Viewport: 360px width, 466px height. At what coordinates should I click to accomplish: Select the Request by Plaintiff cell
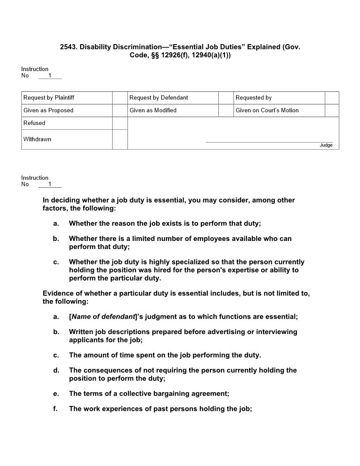click(x=67, y=98)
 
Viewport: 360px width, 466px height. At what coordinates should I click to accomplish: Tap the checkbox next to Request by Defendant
click(x=226, y=98)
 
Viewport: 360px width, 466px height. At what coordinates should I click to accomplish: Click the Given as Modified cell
click(x=153, y=110)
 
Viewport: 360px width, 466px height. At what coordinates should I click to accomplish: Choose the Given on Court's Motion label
click(x=267, y=110)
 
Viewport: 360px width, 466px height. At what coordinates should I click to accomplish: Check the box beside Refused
click(x=120, y=123)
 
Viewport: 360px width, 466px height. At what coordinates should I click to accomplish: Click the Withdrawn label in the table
click(x=37, y=139)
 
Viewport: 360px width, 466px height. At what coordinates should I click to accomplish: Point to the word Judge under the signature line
click(x=326, y=145)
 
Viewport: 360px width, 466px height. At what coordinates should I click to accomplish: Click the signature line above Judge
click(x=269, y=142)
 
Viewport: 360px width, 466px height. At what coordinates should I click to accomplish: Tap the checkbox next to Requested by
click(x=332, y=98)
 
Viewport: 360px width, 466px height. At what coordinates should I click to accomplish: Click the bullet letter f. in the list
click(x=56, y=409)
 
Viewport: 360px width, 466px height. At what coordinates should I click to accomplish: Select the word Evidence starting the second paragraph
click(x=58, y=294)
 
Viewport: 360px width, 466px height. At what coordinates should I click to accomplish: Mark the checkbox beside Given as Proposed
click(x=120, y=110)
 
